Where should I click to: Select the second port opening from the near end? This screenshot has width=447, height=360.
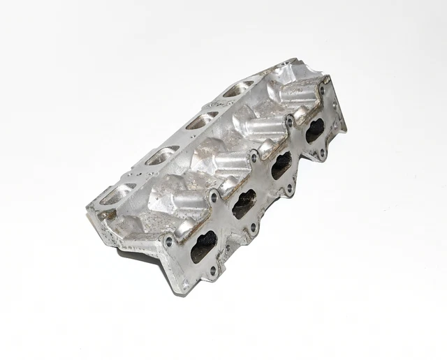coord(244,204)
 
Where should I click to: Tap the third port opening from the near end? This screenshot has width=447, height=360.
coord(281,165)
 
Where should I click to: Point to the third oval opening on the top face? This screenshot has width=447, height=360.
coord(201,121)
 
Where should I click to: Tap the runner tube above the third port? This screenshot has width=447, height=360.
coord(264,128)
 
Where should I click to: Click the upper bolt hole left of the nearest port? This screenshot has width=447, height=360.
coord(168,241)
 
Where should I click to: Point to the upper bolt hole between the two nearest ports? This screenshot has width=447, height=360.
coord(214,197)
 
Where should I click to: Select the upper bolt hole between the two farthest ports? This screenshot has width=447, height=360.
coord(289,122)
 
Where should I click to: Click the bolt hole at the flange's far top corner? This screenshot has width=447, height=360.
coord(323,89)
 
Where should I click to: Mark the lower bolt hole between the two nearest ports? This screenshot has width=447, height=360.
coord(228,246)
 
